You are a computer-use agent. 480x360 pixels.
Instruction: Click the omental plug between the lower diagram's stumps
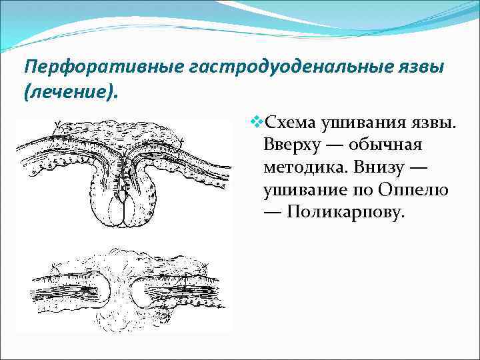point(120,287)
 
